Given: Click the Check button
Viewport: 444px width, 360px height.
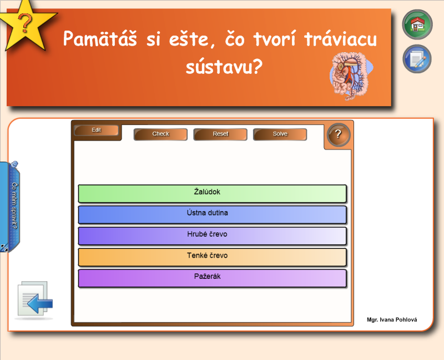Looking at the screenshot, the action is click(x=160, y=134).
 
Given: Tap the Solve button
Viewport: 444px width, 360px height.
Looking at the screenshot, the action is click(x=280, y=134).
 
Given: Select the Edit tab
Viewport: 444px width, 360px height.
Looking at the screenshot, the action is click(x=96, y=130).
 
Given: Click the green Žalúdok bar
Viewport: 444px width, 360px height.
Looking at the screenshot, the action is click(x=213, y=193).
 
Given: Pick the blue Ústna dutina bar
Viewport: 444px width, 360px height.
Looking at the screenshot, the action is click(x=213, y=214).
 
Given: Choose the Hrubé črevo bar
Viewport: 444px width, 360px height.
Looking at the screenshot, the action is click(x=213, y=236).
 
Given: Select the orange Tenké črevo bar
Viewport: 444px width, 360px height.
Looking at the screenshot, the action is click(x=213, y=257).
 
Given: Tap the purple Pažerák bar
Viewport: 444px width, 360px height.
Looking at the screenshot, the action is click(x=213, y=278).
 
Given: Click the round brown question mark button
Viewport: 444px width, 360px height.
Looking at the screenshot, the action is click(x=339, y=134).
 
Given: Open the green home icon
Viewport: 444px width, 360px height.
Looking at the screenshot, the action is click(x=417, y=24).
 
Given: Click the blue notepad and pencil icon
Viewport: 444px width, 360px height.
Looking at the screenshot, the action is click(x=417, y=59).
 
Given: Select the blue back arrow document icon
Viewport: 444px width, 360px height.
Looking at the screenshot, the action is click(x=34, y=299).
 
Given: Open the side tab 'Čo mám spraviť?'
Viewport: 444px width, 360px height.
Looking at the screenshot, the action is click(x=12, y=207).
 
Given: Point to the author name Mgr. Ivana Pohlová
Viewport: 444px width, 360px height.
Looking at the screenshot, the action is click(x=392, y=320).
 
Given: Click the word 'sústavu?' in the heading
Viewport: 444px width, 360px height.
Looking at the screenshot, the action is click(x=224, y=67).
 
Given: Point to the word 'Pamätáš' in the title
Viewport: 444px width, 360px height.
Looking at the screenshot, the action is click(x=100, y=38).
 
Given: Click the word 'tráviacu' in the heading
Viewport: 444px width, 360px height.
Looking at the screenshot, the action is click(x=341, y=38).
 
